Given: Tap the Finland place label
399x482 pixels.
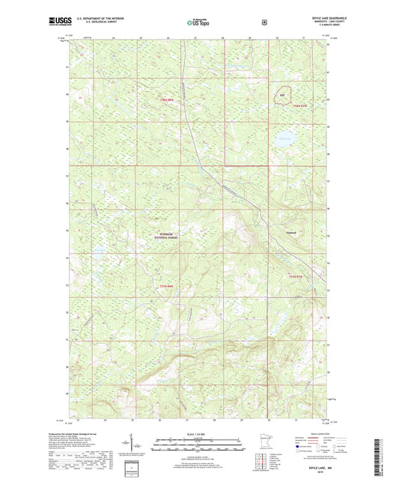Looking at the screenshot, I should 293,234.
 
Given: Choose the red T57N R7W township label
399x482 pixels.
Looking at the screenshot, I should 297,278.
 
